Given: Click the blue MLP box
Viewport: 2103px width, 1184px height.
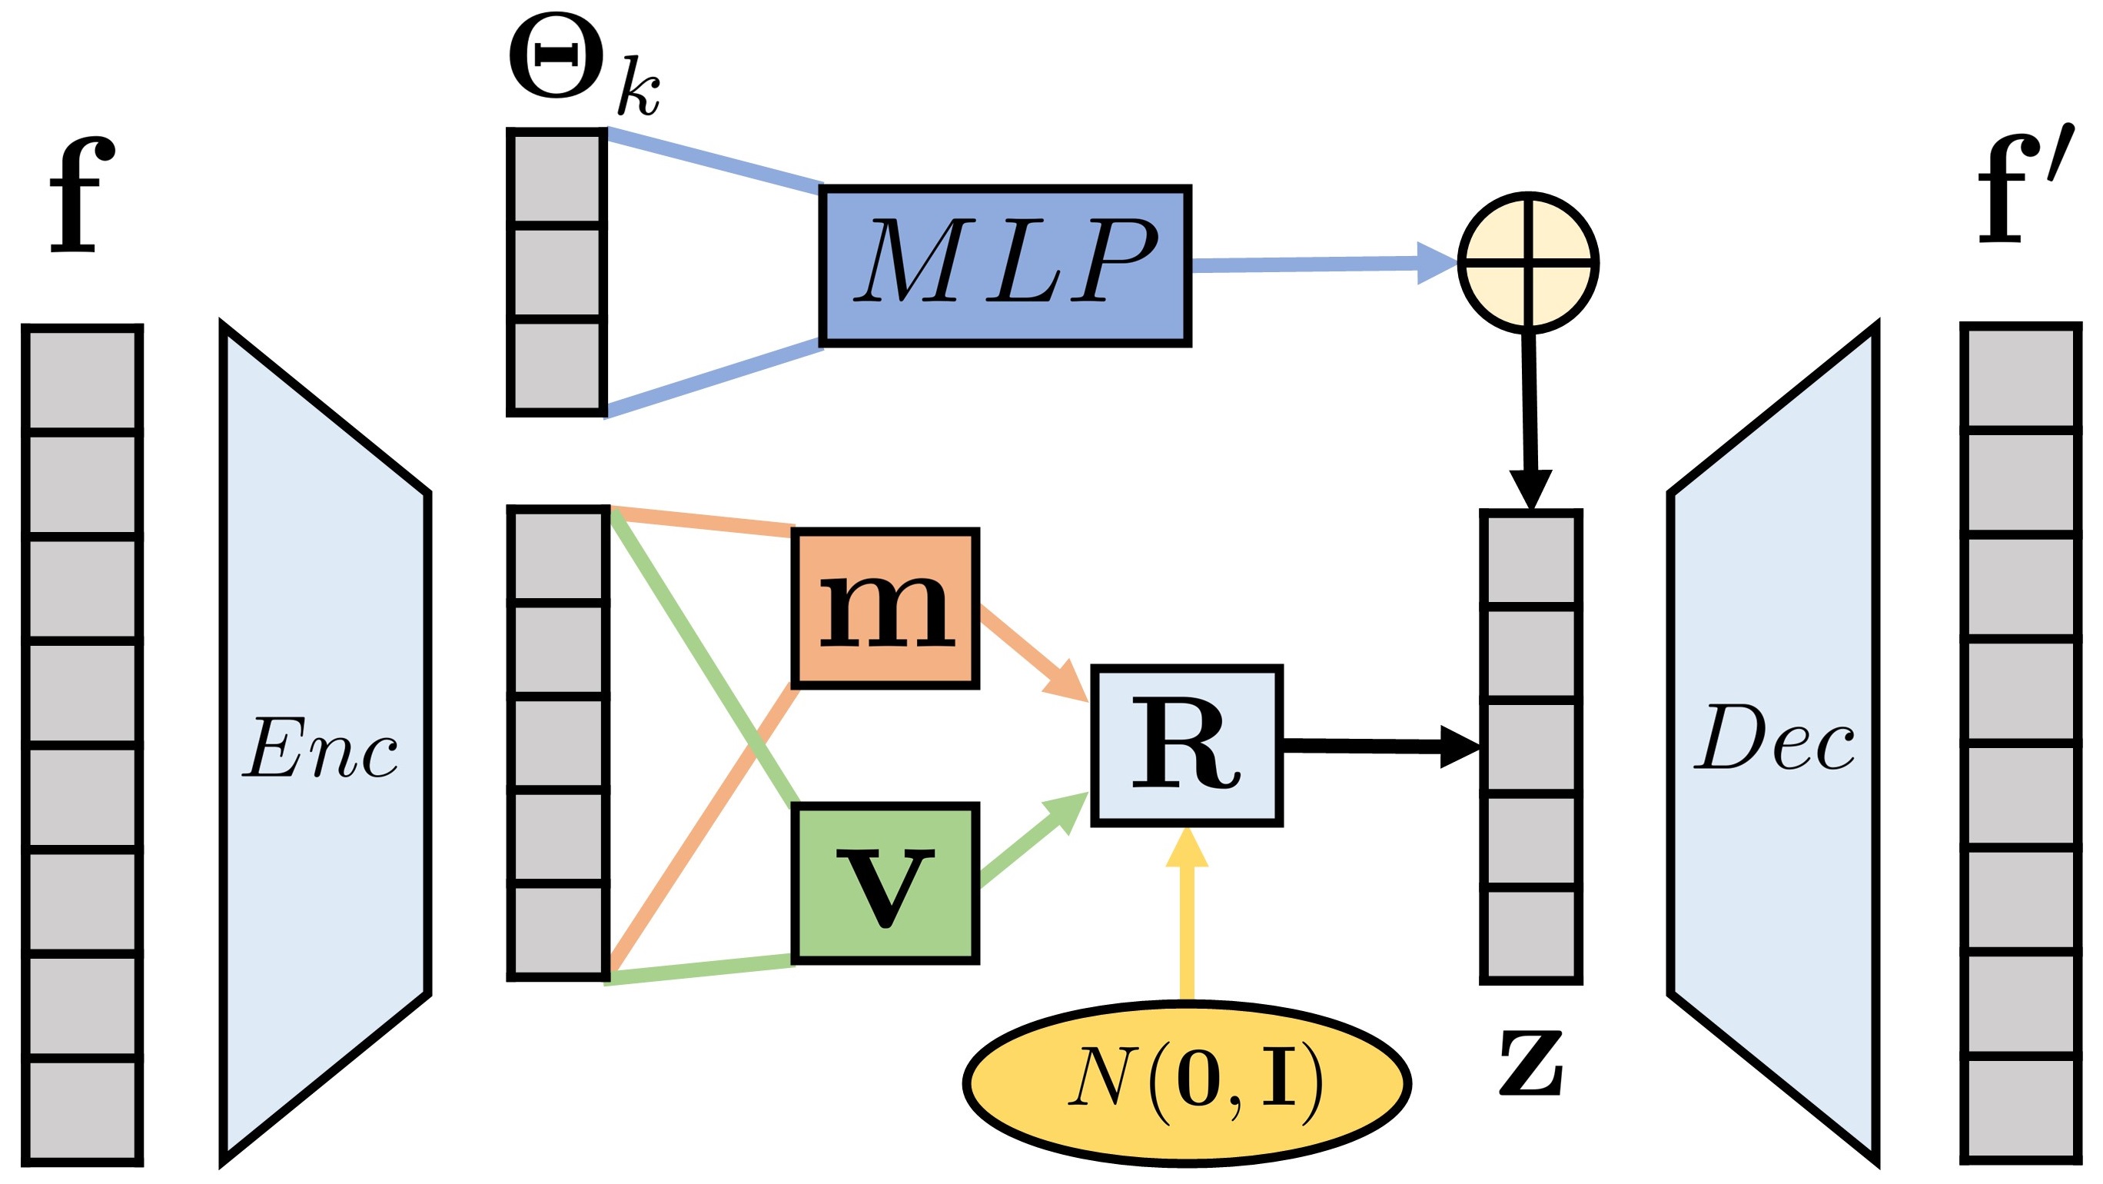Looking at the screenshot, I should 1005,265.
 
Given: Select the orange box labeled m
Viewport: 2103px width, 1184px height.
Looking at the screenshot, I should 885,608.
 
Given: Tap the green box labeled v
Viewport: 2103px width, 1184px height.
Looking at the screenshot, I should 885,884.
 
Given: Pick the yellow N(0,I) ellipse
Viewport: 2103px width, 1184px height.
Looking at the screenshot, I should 1187,1083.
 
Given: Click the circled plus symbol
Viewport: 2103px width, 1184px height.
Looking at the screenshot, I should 1527,263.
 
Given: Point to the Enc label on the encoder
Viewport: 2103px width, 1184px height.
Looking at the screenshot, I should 321,748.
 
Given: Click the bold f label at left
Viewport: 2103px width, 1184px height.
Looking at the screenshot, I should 81,196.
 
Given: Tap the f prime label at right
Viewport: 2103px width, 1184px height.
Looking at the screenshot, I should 2022,192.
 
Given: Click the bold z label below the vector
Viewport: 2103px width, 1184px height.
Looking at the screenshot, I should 1530,1063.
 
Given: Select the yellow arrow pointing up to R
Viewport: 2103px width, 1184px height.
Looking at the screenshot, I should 1187,915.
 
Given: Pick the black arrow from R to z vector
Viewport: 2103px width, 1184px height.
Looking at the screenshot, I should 1380,746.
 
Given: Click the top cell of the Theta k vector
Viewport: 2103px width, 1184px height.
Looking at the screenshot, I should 556,176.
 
